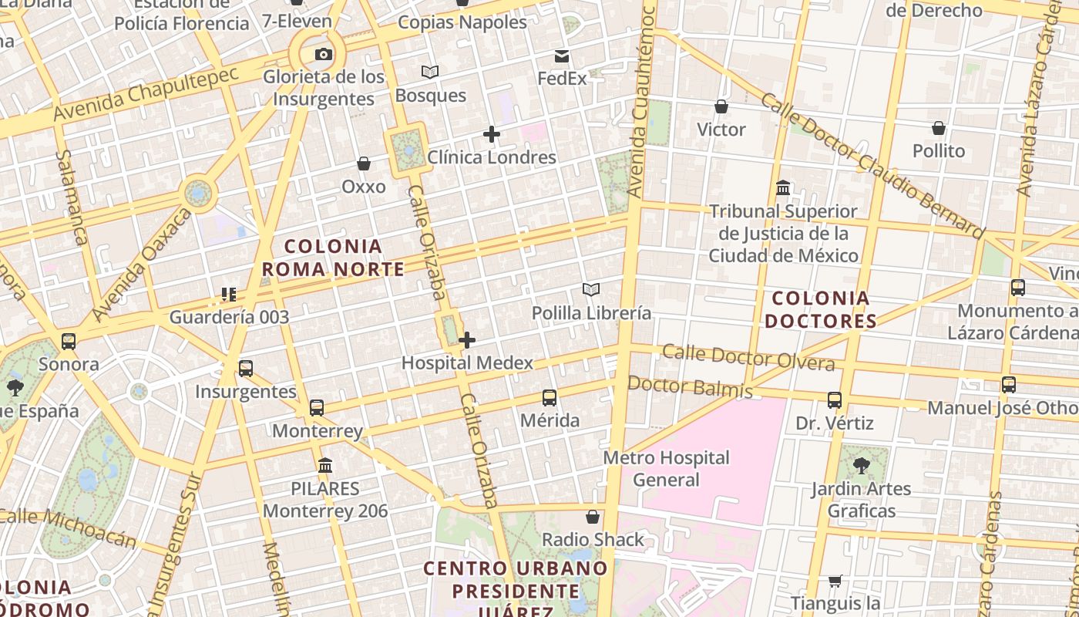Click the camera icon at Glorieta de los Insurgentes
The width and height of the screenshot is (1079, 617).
tap(324, 54)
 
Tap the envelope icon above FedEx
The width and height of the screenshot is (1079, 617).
tap(562, 56)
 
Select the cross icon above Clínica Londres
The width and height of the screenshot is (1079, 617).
tap(491, 134)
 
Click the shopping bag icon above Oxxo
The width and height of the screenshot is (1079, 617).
tap(364, 164)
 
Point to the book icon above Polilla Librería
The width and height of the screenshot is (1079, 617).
tap(591, 290)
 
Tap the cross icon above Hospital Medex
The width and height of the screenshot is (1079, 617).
tap(467, 340)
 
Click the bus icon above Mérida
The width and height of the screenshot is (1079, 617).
tap(550, 398)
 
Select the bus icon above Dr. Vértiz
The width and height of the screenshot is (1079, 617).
tap(835, 400)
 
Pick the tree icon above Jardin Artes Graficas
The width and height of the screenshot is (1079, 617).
tap(861, 466)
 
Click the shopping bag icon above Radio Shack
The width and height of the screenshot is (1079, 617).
tap(593, 517)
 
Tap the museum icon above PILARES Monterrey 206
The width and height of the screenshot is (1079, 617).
tap(325, 466)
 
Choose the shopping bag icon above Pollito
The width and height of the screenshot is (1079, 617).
tap(939, 128)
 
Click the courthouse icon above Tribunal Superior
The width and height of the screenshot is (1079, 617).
tap(784, 188)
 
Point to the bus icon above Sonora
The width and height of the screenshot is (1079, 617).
tap(69, 341)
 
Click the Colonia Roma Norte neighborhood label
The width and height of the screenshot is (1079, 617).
tap(333, 258)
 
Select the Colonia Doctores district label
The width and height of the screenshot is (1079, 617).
tap(820, 309)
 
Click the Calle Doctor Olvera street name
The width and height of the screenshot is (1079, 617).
tap(748, 358)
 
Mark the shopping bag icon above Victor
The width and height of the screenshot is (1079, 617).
tap(721, 106)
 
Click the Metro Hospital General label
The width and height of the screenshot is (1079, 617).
tap(666, 469)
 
